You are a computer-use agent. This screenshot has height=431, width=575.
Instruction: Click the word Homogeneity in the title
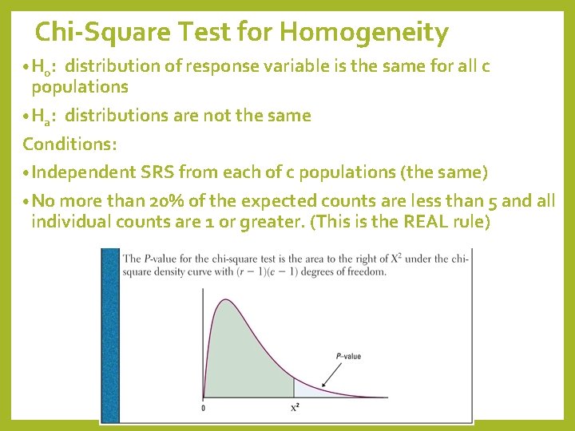(364, 33)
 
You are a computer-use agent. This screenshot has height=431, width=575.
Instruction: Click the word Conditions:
(69, 144)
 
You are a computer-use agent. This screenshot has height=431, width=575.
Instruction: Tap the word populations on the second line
(79, 86)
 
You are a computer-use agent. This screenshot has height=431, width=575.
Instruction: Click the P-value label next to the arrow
(348, 356)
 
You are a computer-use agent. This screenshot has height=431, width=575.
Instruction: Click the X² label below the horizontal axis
(295, 408)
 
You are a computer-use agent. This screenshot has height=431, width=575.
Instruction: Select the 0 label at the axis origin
(203, 408)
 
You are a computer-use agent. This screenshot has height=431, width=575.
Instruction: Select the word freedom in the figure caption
(366, 271)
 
